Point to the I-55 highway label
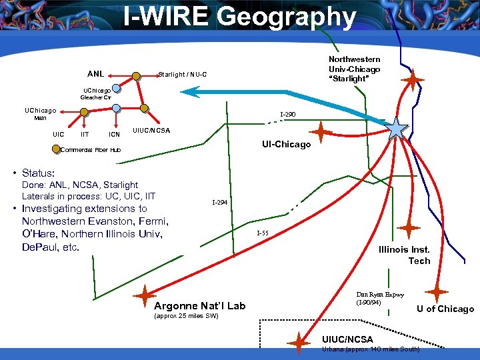263,233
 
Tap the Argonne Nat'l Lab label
199,305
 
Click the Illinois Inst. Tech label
404,255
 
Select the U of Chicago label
445,309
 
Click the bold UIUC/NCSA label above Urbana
347,339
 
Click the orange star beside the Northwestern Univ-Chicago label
413,80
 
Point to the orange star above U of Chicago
437,292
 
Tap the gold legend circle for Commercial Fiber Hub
56,149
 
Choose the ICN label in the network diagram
115,134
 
